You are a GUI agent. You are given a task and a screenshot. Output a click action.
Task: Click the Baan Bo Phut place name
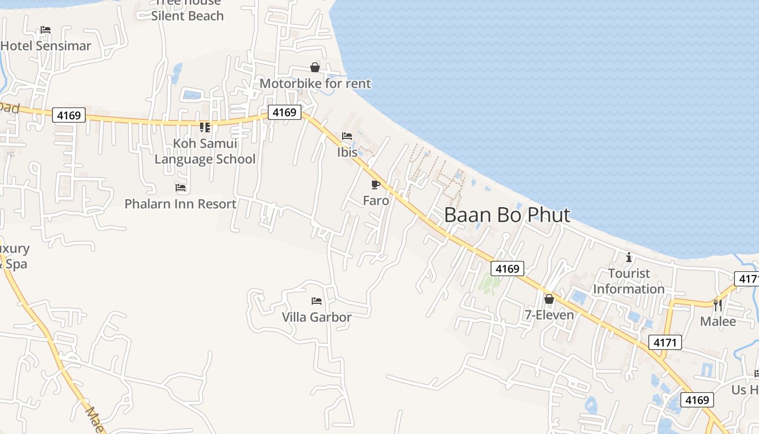[x=507, y=215]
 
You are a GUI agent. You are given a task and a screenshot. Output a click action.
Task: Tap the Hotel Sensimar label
[x=46, y=46]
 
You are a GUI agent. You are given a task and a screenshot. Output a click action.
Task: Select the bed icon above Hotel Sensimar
[x=46, y=30]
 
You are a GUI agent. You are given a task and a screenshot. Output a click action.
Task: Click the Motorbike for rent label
[x=315, y=84]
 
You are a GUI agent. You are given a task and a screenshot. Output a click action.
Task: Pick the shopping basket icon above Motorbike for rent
[x=314, y=67]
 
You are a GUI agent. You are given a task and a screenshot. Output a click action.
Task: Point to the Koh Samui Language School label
[x=205, y=151]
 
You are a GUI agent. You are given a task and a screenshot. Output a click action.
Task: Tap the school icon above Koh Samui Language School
[x=205, y=127]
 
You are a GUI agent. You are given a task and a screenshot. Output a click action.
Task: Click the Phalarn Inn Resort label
[x=181, y=204]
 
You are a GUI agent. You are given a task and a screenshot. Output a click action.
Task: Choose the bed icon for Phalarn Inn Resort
[x=181, y=188]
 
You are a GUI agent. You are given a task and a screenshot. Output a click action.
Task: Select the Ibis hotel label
[x=348, y=152]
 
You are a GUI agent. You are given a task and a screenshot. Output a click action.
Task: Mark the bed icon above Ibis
[x=347, y=136]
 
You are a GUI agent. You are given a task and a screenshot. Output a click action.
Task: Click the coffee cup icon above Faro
[x=376, y=184]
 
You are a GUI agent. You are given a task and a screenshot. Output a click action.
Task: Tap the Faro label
[x=376, y=201]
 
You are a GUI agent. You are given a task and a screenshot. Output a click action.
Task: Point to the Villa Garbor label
[x=317, y=317]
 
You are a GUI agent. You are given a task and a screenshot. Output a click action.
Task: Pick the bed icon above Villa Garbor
[x=317, y=301]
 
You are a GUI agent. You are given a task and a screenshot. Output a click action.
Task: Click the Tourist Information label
[x=629, y=281]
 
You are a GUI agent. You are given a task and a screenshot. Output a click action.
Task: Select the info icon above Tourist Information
[x=629, y=257]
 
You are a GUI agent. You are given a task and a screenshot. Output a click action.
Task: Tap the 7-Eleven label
[x=549, y=315]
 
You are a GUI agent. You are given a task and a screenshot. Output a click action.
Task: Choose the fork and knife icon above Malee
[x=718, y=305]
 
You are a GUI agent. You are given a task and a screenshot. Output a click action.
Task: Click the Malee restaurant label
[x=718, y=321]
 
